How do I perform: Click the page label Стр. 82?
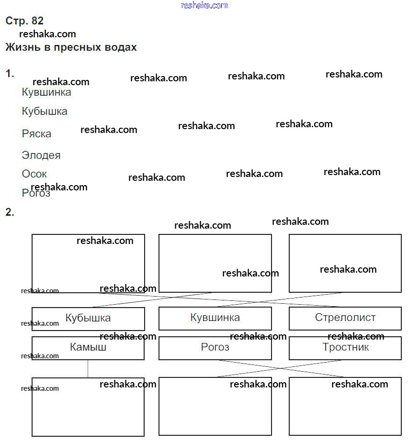(24, 21)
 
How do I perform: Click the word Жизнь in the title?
(21, 47)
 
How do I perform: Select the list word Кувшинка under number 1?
(46, 92)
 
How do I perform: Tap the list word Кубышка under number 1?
(45, 111)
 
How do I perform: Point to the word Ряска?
(36, 134)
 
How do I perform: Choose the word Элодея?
(41, 155)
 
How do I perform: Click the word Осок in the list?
(34, 174)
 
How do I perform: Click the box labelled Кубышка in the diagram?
(88, 318)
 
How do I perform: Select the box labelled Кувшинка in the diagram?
(215, 318)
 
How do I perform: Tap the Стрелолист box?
(345, 318)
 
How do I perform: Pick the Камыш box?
(88, 348)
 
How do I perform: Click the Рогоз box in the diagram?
(215, 348)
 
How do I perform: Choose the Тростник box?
(345, 348)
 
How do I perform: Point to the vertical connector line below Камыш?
(88, 369)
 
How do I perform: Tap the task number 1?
(10, 74)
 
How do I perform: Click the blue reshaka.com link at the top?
(204, 5)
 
